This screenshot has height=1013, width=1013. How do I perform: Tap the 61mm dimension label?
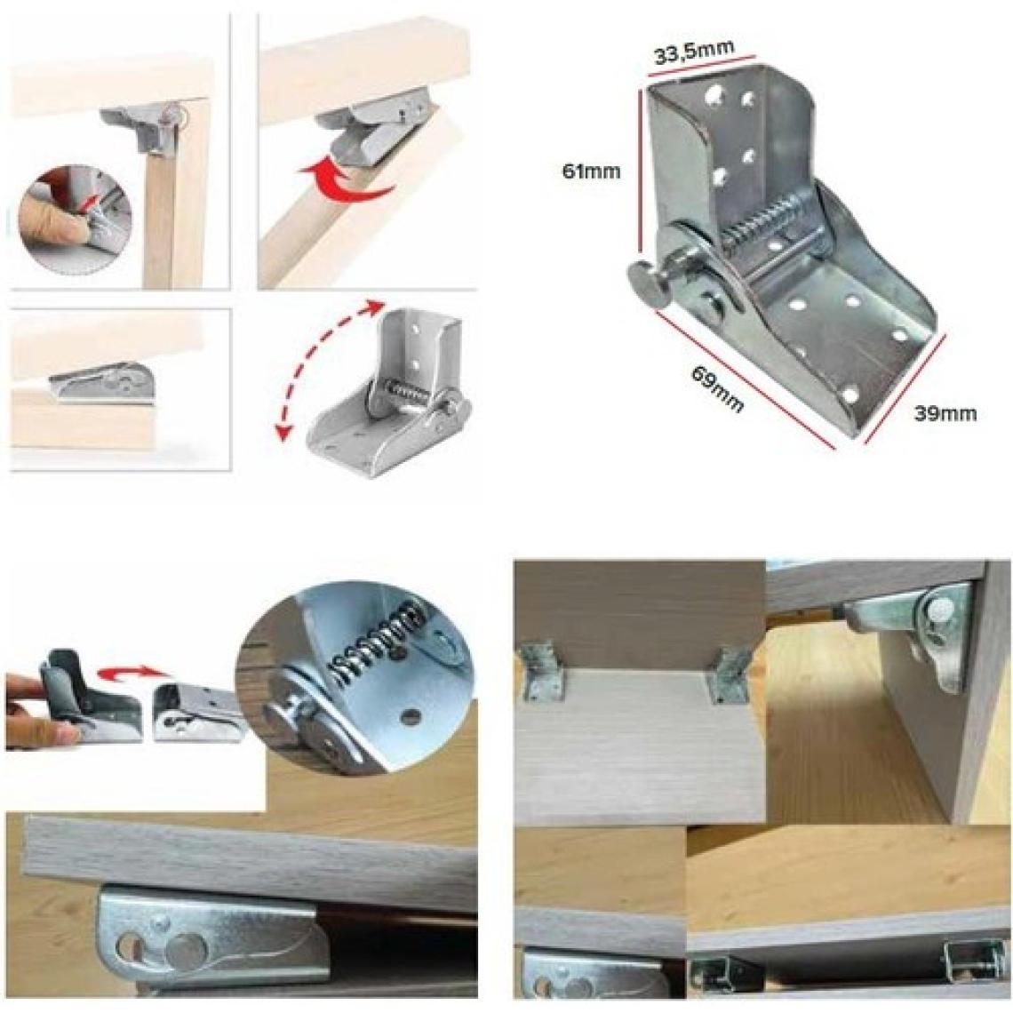(x=591, y=171)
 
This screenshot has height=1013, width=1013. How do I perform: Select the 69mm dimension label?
(x=718, y=389)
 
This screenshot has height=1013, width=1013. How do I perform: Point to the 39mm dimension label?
(x=945, y=413)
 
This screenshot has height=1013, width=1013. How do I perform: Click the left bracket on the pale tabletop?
(x=545, y=672)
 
